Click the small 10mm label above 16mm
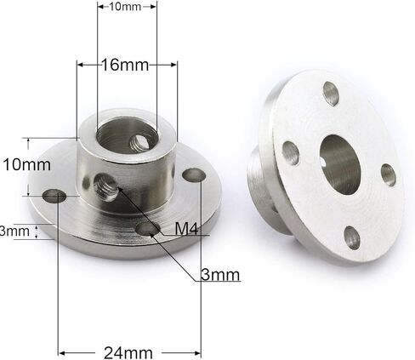point(126,7)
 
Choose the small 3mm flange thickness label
point(14,231)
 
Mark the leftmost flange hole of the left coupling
point(56,196)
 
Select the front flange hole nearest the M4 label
point(148,229)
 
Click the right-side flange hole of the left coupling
point(195,174)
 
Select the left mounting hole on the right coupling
point(291,152)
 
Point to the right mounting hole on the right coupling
point(389,174)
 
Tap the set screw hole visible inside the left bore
point(134,136)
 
